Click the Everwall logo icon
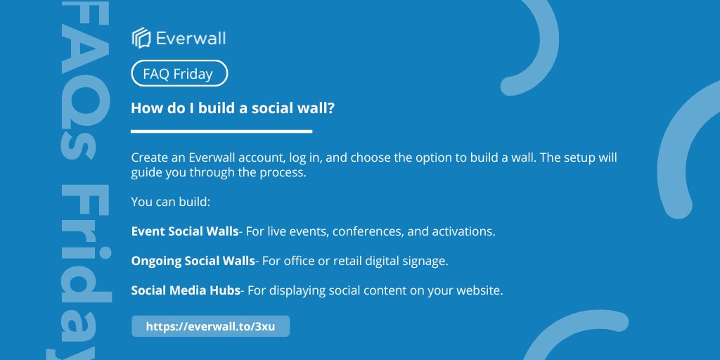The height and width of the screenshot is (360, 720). click(141, 38)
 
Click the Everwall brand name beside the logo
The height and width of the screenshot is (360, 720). click(191, 38)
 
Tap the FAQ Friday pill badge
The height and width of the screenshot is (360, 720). click(179, 73)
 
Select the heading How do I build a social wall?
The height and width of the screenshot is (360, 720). click(233, 108)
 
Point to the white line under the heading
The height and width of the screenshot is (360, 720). click(221, 131)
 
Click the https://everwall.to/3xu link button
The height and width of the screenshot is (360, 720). click(211, 326)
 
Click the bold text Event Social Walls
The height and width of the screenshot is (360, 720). click(185, 231)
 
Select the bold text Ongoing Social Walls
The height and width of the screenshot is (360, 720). click(193, 261)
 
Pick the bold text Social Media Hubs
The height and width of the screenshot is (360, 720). click(186, 290)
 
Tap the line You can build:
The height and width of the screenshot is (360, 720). click(170, 202)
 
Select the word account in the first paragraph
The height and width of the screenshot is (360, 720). click(260, 158)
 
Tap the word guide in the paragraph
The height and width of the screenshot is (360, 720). click(145, 174)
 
